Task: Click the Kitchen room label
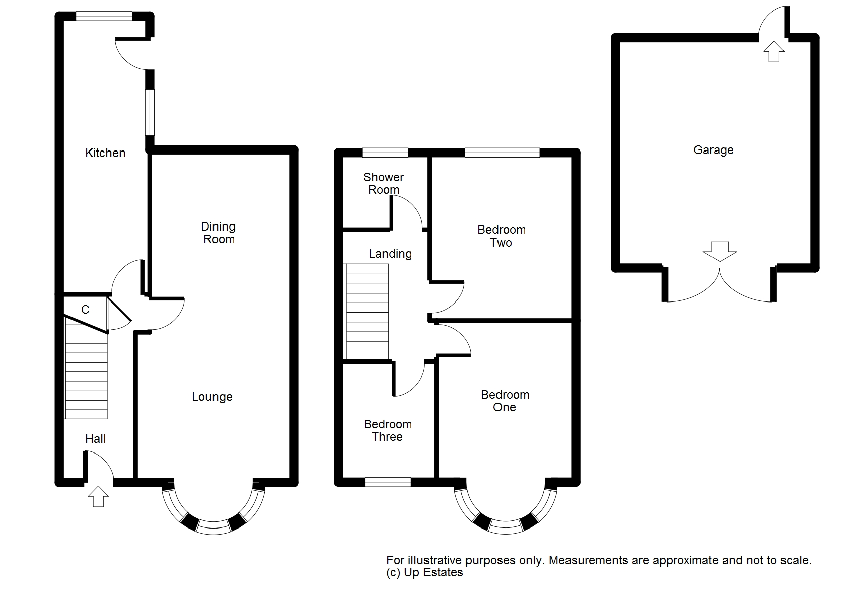pyautogui.click(x=105, y=153)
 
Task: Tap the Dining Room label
pyautogui.click(x=219, y=233)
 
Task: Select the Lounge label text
pyautogui.click(x=212, y=397)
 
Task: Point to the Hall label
pyautogui.click(x=95, y=438)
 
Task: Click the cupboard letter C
pyautogui.click(x=85, y=310)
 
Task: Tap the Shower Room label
pyautogui.click(x=384, y=183)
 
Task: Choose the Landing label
pyautogui.click(x=390, y=254)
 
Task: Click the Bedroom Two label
pyautogui.click(x=502, y=236)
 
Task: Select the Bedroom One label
pyautogui.click(x=505, y=401)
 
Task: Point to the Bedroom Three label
pyautogui.click(x=387, y=430)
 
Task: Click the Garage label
pyautogui.click(x=714, y=150)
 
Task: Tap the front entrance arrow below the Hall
pyautogui.click(x=98, y=496)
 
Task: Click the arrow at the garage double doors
pyautogui.click(x=720, y=252)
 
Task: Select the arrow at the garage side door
pyautogui.click(x=774, y=51)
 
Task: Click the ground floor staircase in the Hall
pyautogui.click(x=86, y=368)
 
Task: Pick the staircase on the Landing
pyautogui.click(x=367, y=312)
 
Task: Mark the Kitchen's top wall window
pyautogui.click(x=104, y=16)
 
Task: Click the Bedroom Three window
pyautogui.click(x=388, y=482)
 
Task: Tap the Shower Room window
pyautogui.click(x=385, y=153)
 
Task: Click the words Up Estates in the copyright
pyautogui.click(x=434, y=572)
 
